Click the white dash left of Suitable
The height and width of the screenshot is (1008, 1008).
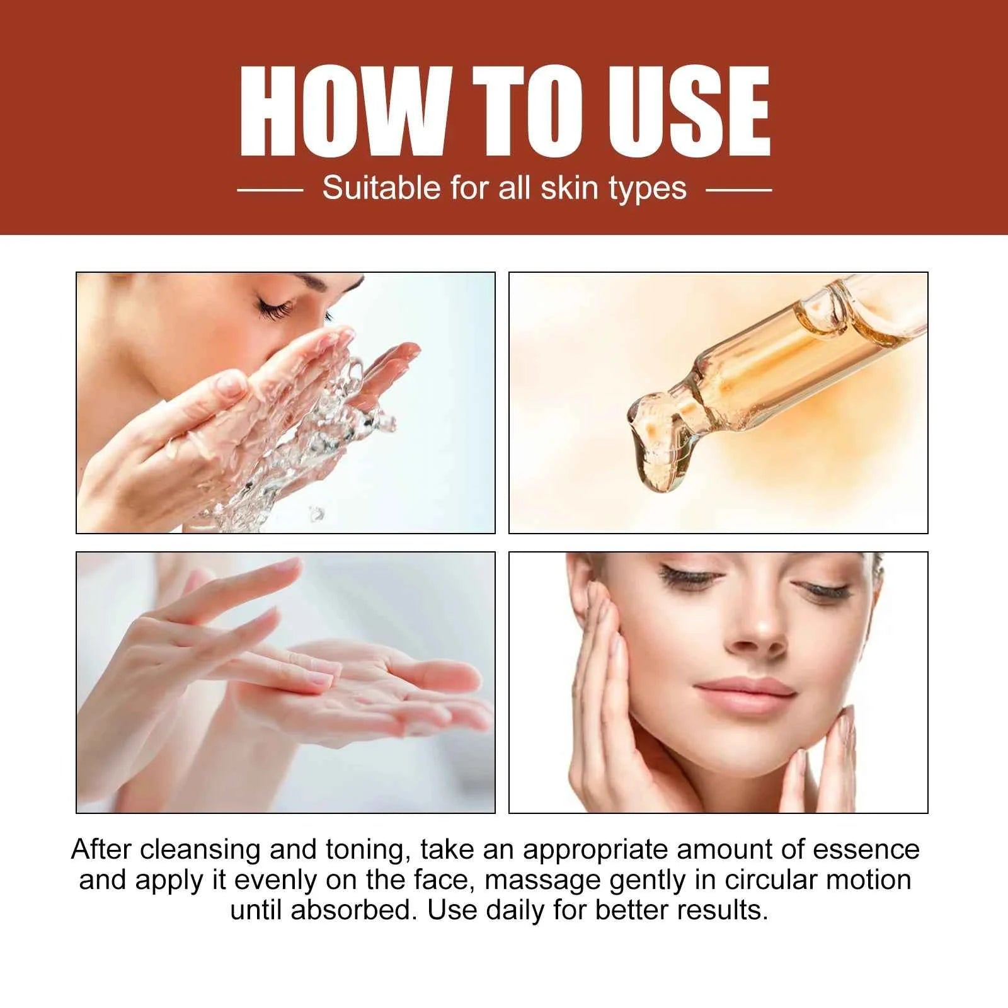[x=270, y=188]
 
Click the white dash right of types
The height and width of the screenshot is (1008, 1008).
[x=738, y=188]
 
